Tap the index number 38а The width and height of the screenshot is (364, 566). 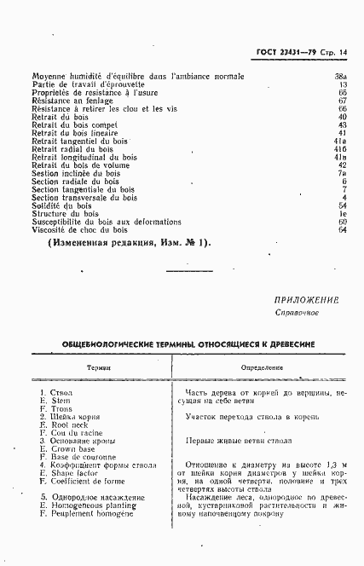pos(339,77)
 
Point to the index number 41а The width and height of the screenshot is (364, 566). pos(339,141)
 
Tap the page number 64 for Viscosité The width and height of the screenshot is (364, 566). pos(342,229)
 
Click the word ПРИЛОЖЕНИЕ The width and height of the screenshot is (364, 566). pos(307,300)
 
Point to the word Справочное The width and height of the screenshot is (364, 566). pos(297,313)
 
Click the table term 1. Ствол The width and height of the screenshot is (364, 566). pos(56,393)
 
